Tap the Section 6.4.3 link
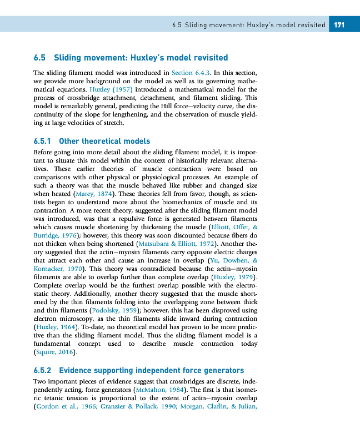coord(191,73)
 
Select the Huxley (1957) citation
coord(110,89)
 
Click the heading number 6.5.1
coord(42,142)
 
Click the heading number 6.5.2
coord(42,370)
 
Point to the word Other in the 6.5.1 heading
coord(71,142)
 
